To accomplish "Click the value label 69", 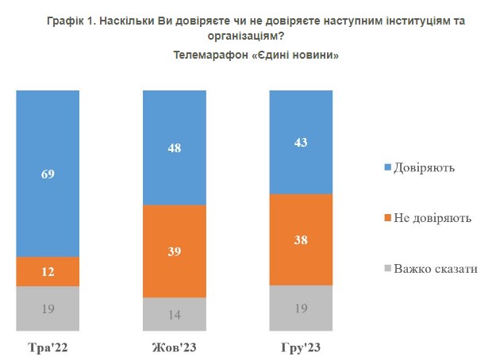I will [x=48, y=174].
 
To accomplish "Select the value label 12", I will [x=48, y=272].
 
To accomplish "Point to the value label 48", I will [x=175, y=147].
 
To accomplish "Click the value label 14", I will [x=175, y=314].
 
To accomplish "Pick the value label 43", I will [x=301, y=142].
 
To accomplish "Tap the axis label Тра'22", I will [x=48, y=348].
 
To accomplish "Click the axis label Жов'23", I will [x=175, y=348].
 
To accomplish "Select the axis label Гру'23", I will [x=301, y=348].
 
